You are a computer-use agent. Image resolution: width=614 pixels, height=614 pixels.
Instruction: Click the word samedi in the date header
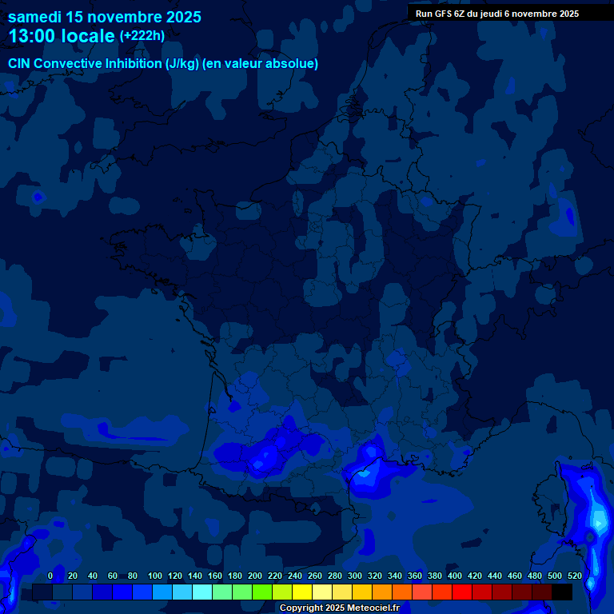click(x=34, y=17)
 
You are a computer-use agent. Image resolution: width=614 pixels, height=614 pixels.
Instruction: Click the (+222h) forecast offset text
click(x=142, y=36)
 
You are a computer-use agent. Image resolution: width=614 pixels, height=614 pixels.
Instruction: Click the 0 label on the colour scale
click(x=50, y=576)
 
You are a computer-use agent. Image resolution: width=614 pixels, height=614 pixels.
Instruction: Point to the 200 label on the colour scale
click(x=255, y=576)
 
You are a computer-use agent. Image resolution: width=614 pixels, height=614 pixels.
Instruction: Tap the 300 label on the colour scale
click(x=355, y=576)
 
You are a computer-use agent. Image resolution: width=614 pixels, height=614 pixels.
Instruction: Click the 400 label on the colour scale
click(x=455, y=576)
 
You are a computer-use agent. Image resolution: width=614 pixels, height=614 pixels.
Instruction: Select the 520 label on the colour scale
click(x=575, y=576)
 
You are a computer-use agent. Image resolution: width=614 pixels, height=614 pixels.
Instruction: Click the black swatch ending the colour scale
click(x=562, y=592)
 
